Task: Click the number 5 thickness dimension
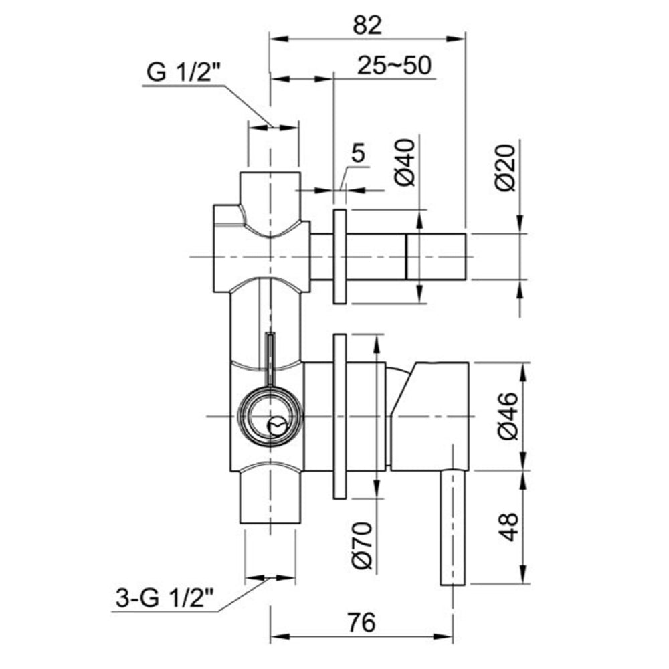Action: pos(358,154)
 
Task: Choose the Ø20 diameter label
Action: pos(508,167)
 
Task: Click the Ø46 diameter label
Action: pos(508,416)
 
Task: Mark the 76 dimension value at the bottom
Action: pos(361,622)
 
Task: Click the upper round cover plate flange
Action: pos(339,257)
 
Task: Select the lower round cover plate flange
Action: pos(339,416)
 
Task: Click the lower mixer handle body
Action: pos(432,415)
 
